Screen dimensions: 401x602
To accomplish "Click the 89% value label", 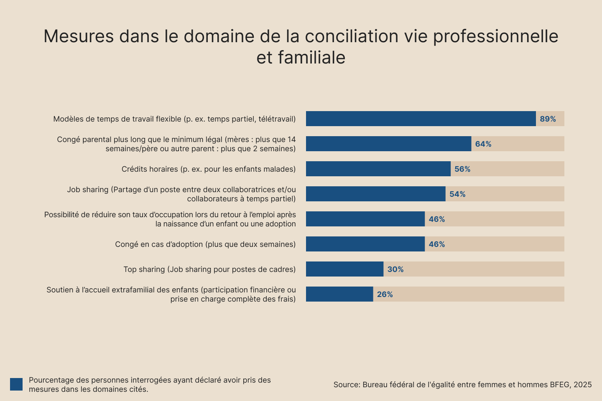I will [x=548, y=119].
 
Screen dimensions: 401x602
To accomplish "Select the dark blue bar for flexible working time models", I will [x=421, y=119].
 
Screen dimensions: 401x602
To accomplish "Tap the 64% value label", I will [x=483, y=144].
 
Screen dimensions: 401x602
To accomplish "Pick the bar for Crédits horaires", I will [x=378, y=169].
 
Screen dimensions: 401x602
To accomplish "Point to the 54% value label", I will [x=457, y=194].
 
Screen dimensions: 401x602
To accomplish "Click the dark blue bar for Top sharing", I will [x=344, y=269].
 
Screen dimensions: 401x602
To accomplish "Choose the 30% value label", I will [x=395, y=269].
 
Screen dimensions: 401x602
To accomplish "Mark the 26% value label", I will [x=385, y=294].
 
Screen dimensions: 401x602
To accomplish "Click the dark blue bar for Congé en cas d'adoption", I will [x=365, y=244].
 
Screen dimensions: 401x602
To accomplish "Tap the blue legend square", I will [x=16, y=384].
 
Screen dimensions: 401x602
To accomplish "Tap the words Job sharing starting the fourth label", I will [x=87, y=190].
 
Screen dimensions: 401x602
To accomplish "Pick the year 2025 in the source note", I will [x=582, y=385].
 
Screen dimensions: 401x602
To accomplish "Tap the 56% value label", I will [x=462, y=169].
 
